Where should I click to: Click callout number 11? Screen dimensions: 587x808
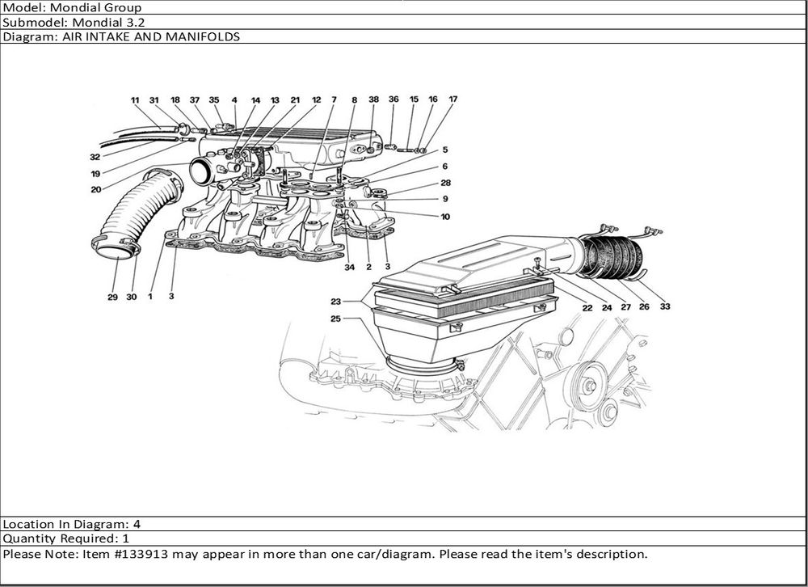[135, 100]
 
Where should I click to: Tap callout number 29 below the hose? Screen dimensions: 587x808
[113, 298]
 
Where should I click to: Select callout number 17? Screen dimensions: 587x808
[453, 99]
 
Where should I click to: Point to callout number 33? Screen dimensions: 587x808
[664, 306]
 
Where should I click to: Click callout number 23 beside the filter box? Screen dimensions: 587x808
[335, 301]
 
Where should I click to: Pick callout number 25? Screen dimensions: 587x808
[335, 319]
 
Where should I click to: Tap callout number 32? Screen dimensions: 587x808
[95, 157]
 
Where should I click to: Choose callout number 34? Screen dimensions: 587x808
[349, 267]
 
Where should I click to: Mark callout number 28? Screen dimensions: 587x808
[445, 183]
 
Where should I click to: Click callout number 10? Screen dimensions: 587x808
[445, 216]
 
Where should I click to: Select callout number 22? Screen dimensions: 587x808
[586, 306]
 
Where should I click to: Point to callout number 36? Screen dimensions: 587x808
[393, 99]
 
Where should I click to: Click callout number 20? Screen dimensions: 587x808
[95, 190]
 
